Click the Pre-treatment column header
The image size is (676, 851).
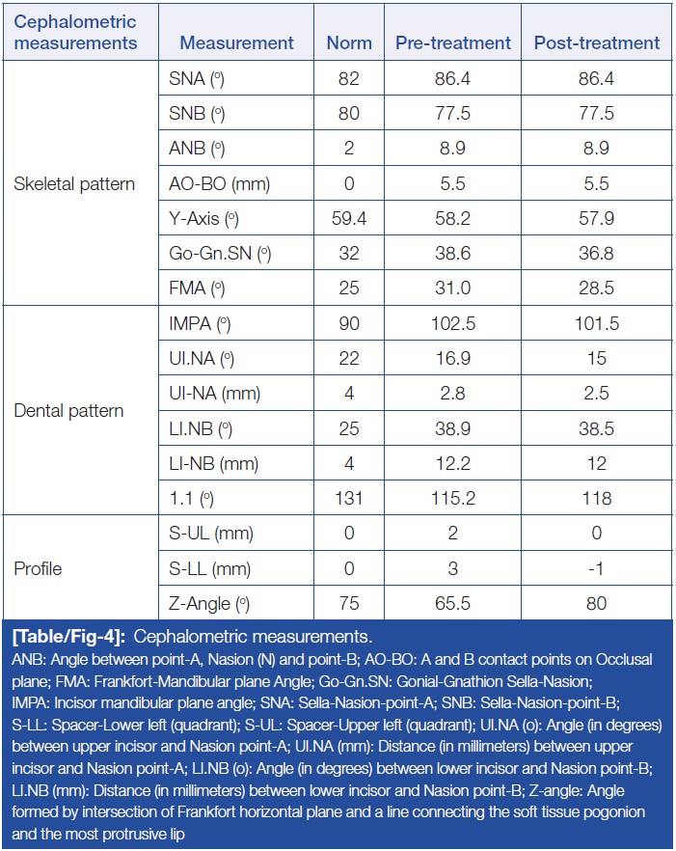pos(453,42)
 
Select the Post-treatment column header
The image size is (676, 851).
pos(597,42)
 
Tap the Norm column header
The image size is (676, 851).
pos(349,42)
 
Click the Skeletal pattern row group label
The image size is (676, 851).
pos(75,183)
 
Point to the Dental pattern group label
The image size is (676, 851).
pos(68,411)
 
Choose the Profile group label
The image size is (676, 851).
pos(38,568)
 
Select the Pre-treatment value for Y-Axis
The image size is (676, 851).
pos(452,219)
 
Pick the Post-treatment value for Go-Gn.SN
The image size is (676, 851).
pos(597,254)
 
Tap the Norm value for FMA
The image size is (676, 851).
pos(349,288)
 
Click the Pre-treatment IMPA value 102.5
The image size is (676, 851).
pos(452,324)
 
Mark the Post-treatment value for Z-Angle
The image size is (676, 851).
pos(597,603)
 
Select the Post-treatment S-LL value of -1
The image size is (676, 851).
pos(597,568)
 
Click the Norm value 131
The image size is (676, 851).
pos(349,498)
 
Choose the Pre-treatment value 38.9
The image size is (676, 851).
pos(452,428)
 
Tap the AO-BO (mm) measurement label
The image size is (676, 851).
pos(208,183)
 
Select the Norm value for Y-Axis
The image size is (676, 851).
pos(349,219)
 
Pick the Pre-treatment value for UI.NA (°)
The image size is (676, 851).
pos(452,359)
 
